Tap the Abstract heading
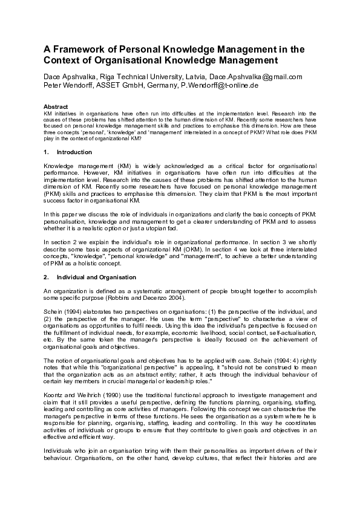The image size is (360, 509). pos(56,106)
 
